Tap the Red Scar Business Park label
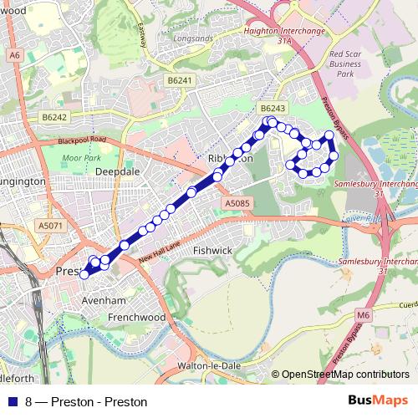(x=345, y=63)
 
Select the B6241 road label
(x=179, y=80)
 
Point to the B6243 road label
(x=273, y=109)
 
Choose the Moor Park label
(x=81, y=157)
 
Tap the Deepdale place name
(x=117, y=171)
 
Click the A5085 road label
(x=237, y=202)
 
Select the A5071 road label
(x=50, y=226)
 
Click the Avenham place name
(x=104, y=300)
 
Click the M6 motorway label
(x=362, y=314)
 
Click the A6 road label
(x=14, y=55)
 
